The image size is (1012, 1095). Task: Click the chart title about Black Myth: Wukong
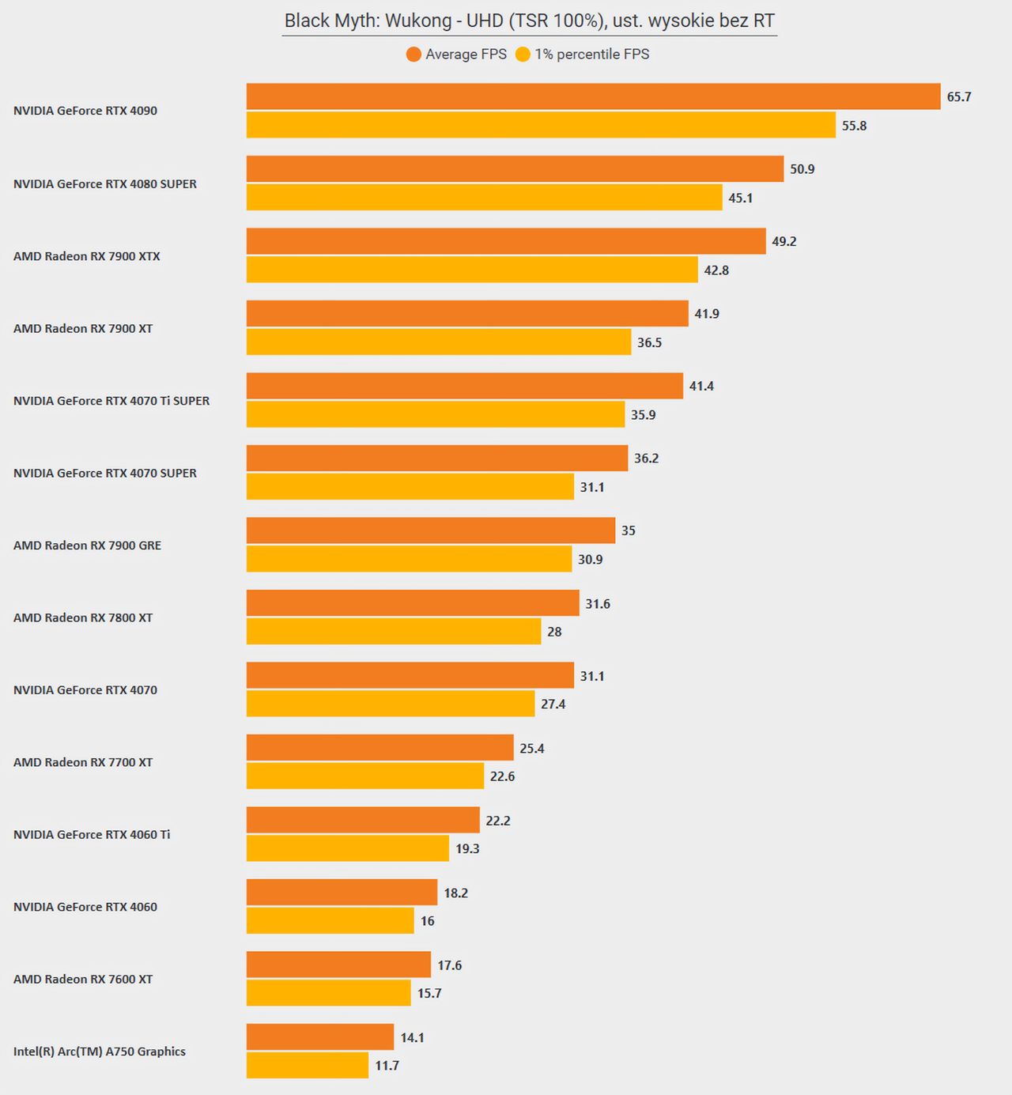(529, 21)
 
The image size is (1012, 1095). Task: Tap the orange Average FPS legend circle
(413, 54)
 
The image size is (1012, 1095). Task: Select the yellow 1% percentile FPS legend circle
(523, 54)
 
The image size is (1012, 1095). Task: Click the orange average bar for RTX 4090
(593, 96)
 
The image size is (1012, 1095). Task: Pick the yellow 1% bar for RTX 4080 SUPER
(484, 198)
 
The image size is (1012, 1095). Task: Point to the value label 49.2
(784, 241)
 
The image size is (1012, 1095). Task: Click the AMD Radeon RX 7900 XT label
(83, 329)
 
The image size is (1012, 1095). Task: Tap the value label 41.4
(701, 386)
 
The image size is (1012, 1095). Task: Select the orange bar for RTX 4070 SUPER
(436, 459)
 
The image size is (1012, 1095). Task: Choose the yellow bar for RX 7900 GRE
(409, 559)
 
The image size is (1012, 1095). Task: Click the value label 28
(554, 632)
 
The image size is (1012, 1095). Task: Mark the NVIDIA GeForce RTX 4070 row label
(85, 689)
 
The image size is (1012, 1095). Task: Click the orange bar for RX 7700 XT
(379, 748)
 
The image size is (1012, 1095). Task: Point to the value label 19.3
(467, 848)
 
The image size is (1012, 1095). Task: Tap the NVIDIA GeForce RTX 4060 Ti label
(92, 834)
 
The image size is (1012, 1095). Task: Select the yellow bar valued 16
(330, 921)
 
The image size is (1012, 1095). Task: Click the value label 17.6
(450, 965)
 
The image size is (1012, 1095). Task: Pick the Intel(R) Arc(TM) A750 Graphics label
(100, 1052)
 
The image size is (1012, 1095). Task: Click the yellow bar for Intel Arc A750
(308, 1065)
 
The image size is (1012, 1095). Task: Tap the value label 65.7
(959, 97)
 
